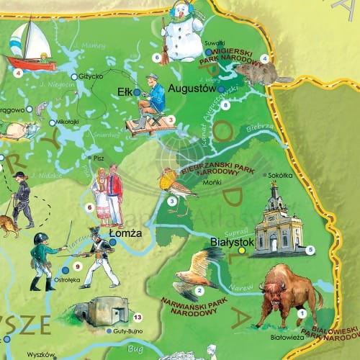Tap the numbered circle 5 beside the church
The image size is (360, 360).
point(310,251)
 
